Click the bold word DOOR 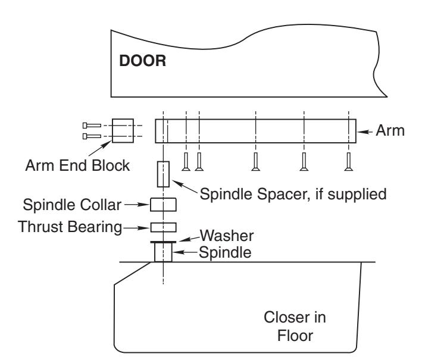(143, 61)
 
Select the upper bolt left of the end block (92, 126)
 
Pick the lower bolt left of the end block (92, 136)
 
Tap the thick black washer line (163, 242)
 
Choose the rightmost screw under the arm (349, 162)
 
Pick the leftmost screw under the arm (186, 162)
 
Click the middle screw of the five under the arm (255, 162)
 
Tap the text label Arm (390, 130)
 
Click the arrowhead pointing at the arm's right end (361, 132)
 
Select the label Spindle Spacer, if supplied (293, 194)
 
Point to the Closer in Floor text (295, 327)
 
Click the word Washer (227, 236)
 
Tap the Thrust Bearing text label (70, 227)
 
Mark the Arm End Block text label (77, 165)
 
